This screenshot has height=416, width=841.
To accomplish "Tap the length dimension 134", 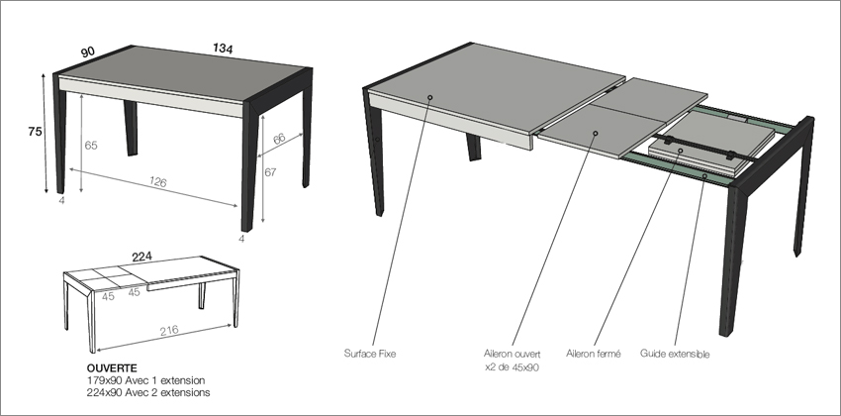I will [223, 50].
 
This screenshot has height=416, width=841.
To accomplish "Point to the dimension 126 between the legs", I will [156, 182].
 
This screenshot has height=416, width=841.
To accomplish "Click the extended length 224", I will [142, 256].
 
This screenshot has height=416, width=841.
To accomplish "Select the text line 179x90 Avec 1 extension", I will [142, 378].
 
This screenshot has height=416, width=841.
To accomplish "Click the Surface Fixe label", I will [370, 353].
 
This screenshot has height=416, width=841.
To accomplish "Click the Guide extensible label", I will [675, 353].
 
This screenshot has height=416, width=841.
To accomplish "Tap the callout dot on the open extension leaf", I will [596, 132].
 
